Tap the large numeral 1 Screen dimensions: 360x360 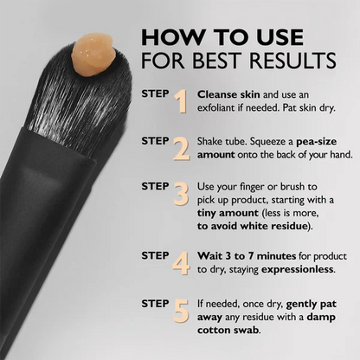click(180, 101)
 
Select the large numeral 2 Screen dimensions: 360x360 click(180, 148)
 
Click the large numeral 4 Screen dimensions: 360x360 click(180, 262)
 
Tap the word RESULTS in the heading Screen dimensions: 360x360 click(293, 61)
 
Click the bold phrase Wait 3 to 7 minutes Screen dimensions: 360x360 click(246, 256)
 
